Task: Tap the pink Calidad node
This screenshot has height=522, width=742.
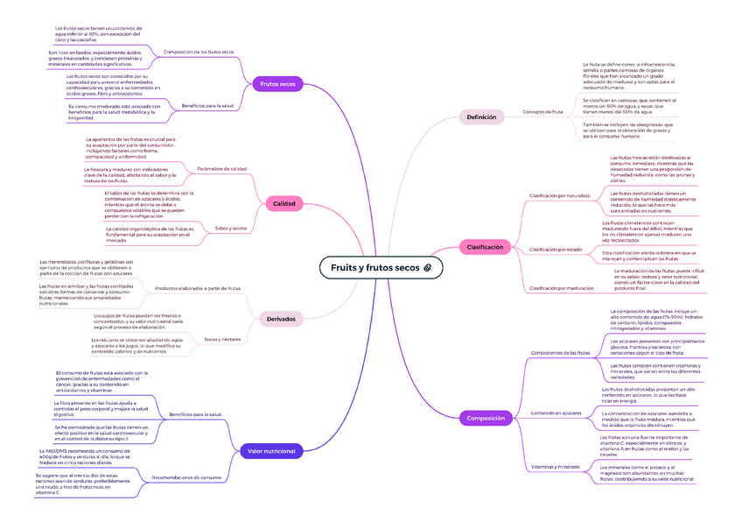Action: click(x=284, y=204)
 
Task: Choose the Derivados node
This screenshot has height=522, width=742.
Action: click(x=280, y=319)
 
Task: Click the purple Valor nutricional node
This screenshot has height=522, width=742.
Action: click(x=272, y=451)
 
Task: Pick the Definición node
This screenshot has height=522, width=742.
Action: click(x=481, y=116)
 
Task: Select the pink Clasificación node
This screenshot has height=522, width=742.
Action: click(x=485, y=248)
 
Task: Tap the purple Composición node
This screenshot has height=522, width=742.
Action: click(x=486, y=419)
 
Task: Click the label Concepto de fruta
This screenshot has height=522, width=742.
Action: click(x=542, y=112)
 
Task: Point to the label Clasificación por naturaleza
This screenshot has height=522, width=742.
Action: click(x=559, y=196)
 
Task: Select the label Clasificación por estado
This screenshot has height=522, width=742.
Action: click(x=556, y=250)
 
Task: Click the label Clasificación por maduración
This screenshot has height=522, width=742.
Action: click(x=561, y=287)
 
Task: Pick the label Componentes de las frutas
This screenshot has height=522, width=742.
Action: click(x=560, y=352)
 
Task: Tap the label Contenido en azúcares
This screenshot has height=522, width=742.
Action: click(x=556, y=413)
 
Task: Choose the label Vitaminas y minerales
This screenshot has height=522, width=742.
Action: click(x=556, y=467)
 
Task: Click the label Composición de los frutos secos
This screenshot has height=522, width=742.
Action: click(x=199, y=53)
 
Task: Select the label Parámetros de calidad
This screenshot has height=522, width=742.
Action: click(x=222, y=168)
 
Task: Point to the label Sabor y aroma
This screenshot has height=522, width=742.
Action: click(x=230, y=229)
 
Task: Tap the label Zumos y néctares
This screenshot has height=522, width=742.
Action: click(x=221, y=339)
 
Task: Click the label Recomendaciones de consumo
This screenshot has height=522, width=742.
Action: click(x=185, y=478)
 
